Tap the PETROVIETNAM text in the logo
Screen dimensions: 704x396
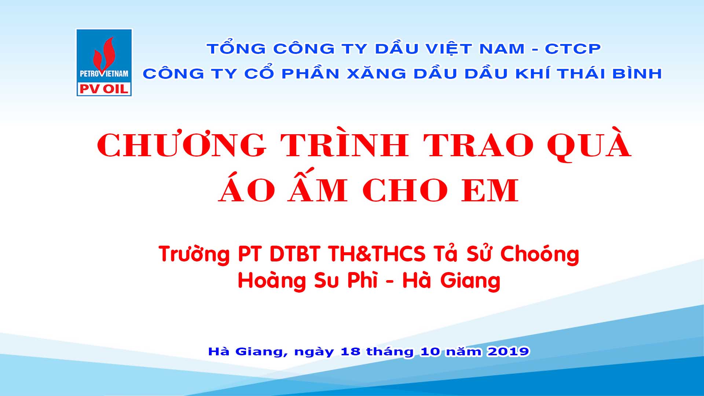pyautogui.click(x=104, y=74)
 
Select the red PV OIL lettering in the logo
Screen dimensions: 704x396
pyautogui.click(x=104, y=88)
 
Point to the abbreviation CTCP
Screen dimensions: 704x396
pyautogui.click(x=573, y=49)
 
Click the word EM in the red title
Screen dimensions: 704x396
pyautogui.click(x=490, y=190)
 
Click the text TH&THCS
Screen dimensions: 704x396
pyautogui.click(x=377, y=254)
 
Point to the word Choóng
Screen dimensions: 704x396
pyautogui.click(x=540, y=254)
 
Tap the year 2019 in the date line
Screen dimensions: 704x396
pyautogui.click(x=508, y=351)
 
